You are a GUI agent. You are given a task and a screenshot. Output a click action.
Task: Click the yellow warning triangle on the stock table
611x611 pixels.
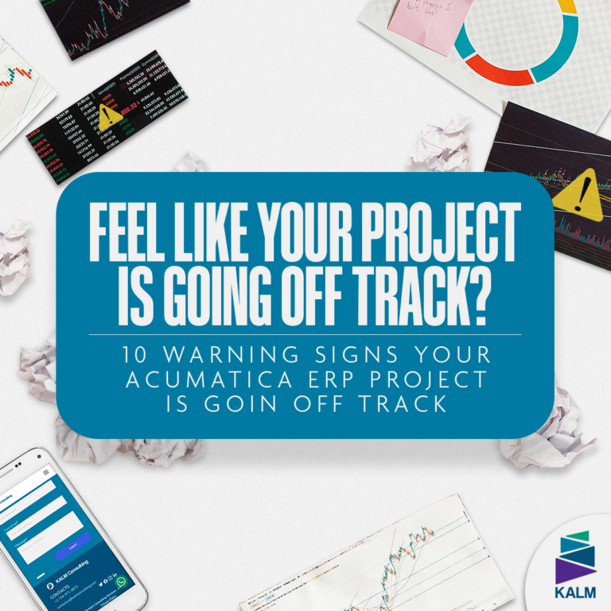click(x=108, y=116)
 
